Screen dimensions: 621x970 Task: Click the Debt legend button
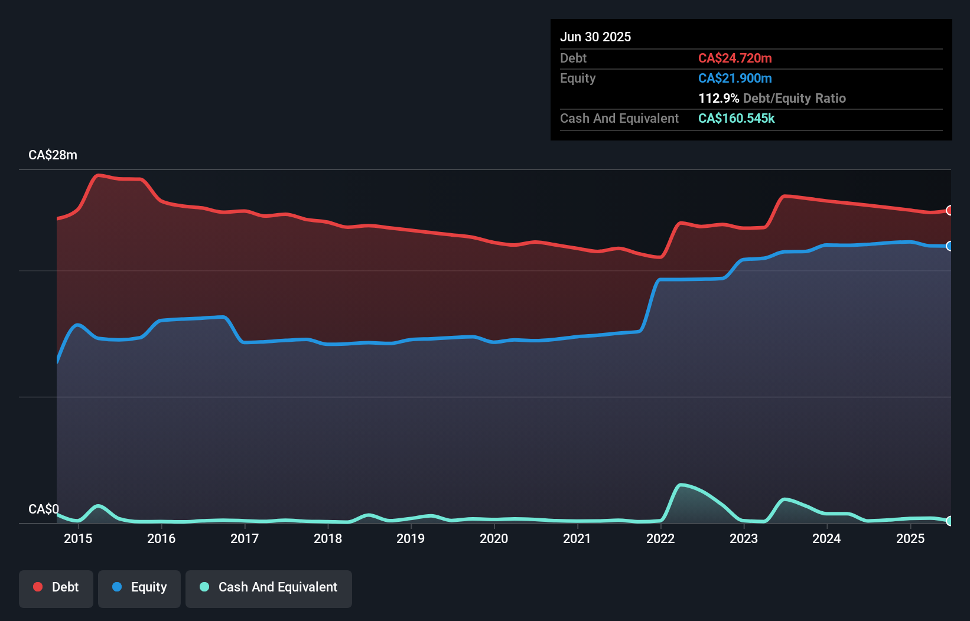coord(56,587)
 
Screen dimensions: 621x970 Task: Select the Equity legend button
coord(139,587)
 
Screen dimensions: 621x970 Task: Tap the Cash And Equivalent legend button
coord(269,587)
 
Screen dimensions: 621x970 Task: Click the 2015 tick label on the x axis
coord(78,538)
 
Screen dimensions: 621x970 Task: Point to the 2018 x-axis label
coord(328,538)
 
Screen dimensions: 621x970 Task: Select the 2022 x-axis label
coord(660,538)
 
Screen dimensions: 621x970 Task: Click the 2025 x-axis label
coord(910,538)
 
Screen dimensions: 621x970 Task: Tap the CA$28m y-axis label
coord(53,155)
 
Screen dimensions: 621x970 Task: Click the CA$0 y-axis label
coord(44,509)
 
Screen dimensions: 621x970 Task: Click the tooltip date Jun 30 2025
coord(595,37)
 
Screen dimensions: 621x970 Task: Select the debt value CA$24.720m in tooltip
coord(735,58)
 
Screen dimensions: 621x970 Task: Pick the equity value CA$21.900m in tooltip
coord(735,78)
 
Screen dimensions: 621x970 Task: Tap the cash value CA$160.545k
coord(736,118)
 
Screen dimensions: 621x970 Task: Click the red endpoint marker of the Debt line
coord(949,210)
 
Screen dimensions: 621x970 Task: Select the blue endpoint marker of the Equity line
coord(949,246)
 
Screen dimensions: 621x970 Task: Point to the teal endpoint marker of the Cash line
coord(949,521)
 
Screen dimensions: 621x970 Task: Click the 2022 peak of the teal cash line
coord(681,485)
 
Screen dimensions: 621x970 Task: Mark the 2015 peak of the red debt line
coord(99,175)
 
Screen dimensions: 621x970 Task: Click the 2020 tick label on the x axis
coord(494,538)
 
